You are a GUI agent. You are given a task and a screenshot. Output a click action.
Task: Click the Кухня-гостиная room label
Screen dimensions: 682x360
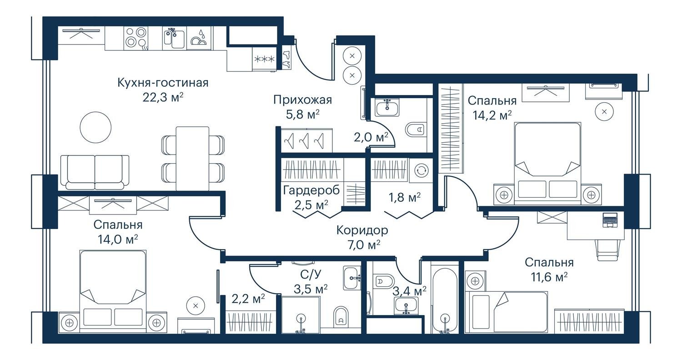click(163, 83)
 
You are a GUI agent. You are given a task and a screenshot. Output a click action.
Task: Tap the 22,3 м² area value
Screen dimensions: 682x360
click(163, 97)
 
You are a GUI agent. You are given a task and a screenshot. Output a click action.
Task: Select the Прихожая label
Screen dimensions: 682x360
click(302, 100)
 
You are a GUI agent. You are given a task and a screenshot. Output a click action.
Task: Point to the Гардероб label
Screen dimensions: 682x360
click(311, 190)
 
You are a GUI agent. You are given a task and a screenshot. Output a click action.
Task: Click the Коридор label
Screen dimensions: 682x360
click(362, 230)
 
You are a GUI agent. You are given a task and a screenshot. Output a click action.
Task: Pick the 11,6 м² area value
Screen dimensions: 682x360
click(549, 277)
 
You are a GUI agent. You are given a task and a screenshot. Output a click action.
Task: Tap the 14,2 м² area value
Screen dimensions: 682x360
click(492, 115)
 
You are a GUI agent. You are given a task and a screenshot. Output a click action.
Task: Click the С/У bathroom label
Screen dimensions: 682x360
click(311, 275)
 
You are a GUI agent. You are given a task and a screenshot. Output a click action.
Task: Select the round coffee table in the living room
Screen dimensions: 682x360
click(95, 127)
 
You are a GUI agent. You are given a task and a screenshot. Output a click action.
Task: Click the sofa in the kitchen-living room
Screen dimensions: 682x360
click(95, 172)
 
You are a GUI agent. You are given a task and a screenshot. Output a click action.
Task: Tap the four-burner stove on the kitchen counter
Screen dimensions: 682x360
click(136, 38)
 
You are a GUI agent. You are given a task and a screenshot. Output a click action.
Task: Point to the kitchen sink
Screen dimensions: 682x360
click(174, 38)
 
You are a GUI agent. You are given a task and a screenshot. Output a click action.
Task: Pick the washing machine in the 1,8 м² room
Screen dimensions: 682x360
click(421, 170)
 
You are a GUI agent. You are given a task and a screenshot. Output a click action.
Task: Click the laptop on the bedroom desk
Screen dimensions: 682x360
click(610, 220)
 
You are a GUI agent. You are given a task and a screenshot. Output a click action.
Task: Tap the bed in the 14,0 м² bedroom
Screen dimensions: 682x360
click(113, 292)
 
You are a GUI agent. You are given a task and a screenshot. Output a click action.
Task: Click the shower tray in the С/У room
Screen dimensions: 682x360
click(301, 315)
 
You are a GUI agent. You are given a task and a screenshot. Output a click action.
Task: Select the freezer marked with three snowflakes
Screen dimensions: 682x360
click(264, 59)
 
